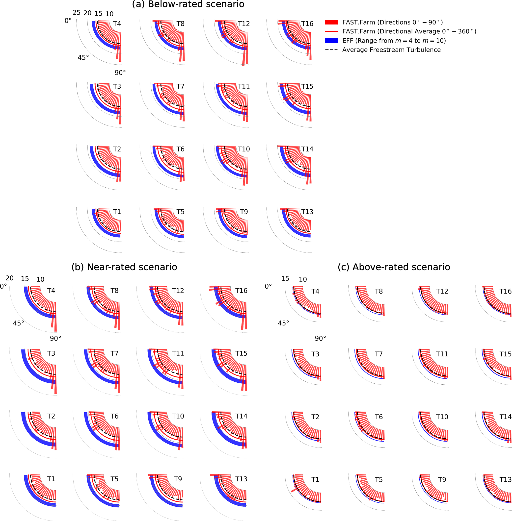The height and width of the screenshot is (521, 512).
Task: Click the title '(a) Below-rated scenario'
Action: tap(188, 4)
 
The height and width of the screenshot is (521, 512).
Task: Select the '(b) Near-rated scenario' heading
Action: tap(124, 267)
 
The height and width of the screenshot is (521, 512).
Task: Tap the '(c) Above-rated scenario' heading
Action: tap(394, 267)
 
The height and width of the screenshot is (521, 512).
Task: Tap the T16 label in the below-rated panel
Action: tap(307, 24)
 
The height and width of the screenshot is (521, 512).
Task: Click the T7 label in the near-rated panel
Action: tap(114, 353)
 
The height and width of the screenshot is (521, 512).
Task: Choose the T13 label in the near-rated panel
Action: tap(241, 479)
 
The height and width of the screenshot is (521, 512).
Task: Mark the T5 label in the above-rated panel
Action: tap(379, 480)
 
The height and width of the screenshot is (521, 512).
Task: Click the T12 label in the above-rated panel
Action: tap(442, 291)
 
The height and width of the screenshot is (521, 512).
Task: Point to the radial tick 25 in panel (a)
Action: tap(76, 13)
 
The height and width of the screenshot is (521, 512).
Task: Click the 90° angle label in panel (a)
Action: tap(120, 73)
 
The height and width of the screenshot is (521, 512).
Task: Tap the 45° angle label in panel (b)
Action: tap(19, 323)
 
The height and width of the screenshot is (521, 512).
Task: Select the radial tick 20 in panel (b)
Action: tap(9, 278)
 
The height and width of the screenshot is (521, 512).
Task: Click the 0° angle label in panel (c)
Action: tap(268, 286)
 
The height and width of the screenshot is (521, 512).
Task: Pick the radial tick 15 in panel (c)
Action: tap(285, 279)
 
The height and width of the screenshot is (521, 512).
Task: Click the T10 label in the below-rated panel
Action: tap(244, 149)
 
